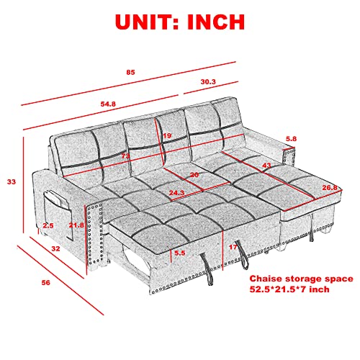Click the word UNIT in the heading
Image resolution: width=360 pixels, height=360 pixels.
pyautogui.click(x=127, y=21)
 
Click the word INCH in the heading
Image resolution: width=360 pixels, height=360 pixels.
pyautogui.click(x=224, y=21)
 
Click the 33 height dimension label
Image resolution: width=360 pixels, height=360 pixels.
pyautogui.click(x=12, y=182)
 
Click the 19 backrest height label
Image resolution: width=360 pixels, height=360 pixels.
pyautogui.click(x=167, y=136)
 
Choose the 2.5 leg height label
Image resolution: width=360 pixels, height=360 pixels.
pyautogui.click(x=48, y=226)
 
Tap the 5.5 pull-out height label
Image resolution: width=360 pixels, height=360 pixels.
pyautogui.click(x=180, y=253)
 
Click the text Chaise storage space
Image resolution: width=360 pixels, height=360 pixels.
pyautogui.click(x=300, y=277)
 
